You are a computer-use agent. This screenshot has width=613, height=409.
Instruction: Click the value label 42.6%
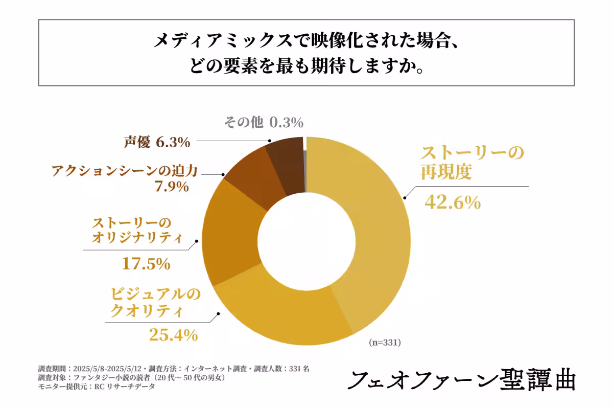[453, 202]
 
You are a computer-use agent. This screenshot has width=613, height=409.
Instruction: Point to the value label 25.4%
[173, 335]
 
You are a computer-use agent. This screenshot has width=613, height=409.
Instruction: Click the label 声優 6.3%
[157, 142]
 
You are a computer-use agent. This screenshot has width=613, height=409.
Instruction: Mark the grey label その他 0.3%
[264, 123]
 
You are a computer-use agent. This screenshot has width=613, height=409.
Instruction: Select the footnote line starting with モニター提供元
[97, 387]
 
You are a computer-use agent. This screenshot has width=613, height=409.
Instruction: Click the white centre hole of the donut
[306, 240]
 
